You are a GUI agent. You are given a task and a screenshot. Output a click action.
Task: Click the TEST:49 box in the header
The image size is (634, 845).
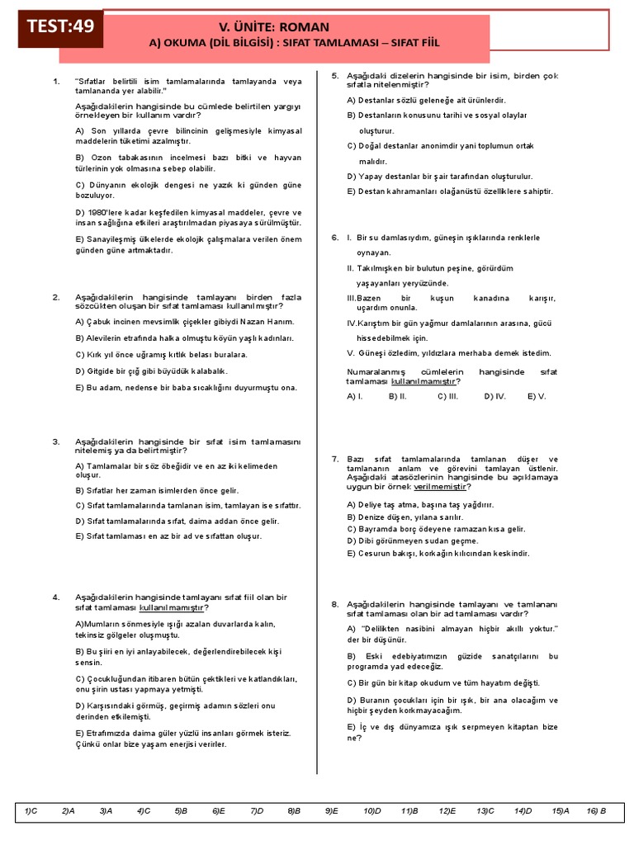pyautogui.click(x=60, y=26)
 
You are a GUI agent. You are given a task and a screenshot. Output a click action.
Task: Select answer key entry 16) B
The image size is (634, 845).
pyautogui.click(x=597, y=811)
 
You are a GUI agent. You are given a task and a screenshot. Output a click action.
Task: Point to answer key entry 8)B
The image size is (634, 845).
pyautogui.click(x=294, y=811)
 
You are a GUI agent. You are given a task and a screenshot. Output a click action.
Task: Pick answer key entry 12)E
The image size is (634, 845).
pyautogui.click(x=447, y=811)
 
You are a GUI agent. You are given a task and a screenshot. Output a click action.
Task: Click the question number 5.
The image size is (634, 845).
pyautogui.click(x=335, y=76)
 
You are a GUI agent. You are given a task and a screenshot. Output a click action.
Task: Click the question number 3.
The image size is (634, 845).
pyautogui.click(x=56, y=441)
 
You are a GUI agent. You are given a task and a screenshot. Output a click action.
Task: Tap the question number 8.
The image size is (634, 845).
pyautogui.click(x=335, y=604)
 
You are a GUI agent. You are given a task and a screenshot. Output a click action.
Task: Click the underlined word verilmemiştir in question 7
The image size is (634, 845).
pyautogui.click(x=441, y=487)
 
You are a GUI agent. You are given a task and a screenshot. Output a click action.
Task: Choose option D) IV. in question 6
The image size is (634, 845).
pyautogui.click(x=495, y=396)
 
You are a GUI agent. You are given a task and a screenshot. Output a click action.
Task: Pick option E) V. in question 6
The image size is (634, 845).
pyautogui.click(x=537, y=396)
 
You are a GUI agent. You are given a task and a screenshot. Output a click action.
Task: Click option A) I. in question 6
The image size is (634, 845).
pyautogui.click(x=356, y=396)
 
